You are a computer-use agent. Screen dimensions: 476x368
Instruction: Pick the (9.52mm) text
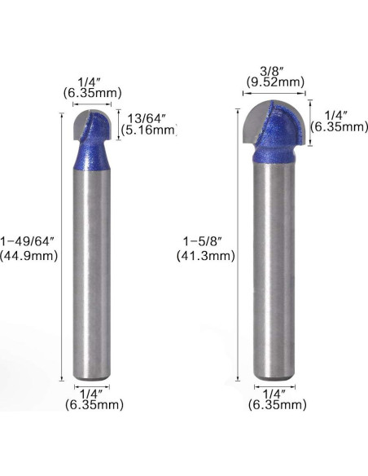275,82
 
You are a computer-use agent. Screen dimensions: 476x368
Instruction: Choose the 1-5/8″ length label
205,242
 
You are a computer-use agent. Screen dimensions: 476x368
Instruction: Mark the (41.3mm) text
205,256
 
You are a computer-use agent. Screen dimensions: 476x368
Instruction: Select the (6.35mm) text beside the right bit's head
340,127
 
